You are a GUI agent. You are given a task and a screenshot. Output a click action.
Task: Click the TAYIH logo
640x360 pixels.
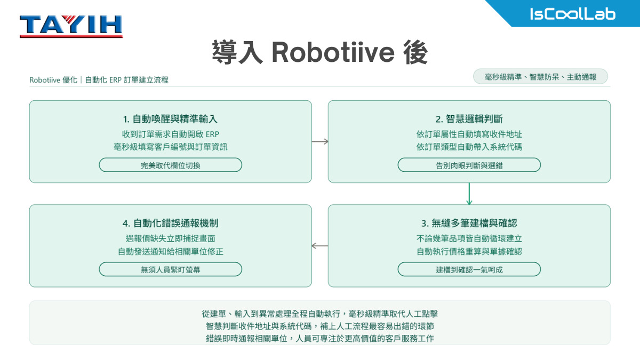click(x=71, y=26)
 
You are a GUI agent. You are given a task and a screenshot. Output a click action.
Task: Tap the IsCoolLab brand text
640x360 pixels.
click(x=573, y=14)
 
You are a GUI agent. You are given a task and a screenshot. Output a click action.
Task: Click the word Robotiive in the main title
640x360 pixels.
click(x=333, y=52)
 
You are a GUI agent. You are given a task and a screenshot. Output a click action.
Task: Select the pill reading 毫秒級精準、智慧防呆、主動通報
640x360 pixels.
click(x=540, y=77)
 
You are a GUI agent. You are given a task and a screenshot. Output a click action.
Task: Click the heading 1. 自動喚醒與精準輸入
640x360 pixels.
click(x=170, y=119)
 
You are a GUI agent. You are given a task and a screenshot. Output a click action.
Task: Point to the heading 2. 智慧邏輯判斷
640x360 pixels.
click(x=469, y=119)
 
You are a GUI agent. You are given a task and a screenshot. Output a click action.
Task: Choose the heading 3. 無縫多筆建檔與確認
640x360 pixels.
click(x=469, y=223)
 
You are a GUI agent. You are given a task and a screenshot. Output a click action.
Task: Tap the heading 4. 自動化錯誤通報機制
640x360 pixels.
click(x=170, y=223)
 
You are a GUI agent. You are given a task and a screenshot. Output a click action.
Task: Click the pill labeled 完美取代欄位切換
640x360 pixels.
click(x=170, y=165)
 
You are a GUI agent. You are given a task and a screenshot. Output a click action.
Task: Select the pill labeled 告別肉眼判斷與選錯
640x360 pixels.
click(x=469, y=165)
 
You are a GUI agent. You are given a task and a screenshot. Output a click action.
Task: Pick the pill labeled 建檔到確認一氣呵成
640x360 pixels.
click(x=469, y=269)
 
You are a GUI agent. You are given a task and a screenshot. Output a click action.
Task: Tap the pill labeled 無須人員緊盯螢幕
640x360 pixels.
click(x=170, y=269)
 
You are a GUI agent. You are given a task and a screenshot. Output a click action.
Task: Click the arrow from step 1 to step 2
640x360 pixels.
click(x=320, y=141)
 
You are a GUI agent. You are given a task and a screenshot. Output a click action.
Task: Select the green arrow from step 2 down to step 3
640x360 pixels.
click(x=469, y=194)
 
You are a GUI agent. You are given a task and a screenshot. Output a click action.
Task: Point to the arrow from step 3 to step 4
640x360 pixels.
click(x=320, y=246)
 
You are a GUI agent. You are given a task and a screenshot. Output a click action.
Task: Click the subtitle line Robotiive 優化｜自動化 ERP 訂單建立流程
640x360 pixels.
click(x=99, y=79)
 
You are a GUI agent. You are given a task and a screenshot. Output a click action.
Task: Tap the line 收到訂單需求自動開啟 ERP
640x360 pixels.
click(x=171, y=134)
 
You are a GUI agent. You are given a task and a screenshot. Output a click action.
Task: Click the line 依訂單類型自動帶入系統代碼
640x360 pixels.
click(x=469, y=147)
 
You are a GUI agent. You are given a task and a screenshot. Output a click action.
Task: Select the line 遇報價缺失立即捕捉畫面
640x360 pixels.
click(x=170, y=238)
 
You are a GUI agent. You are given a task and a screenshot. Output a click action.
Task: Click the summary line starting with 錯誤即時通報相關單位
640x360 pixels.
click(x=320, y=339)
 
